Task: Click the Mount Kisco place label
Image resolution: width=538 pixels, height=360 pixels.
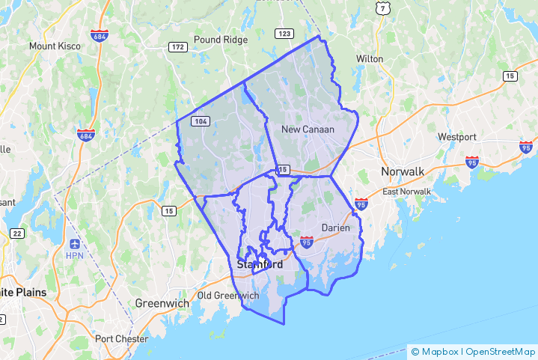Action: pyautogui.click(x=55, y=46)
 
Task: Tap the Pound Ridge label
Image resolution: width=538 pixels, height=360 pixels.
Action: pyautogui.click(x=218, y=40)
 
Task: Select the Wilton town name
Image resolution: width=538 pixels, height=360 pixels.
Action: pyautogui.click(x=370, y=58)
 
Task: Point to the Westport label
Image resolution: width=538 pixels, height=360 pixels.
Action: pyautogui.click(x=457, y=137)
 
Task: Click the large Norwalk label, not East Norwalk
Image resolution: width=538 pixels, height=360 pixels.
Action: pyautogui.click(x=403, y=171)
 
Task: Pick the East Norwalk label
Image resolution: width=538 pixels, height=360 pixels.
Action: pyautogui.click(x=407, y=192)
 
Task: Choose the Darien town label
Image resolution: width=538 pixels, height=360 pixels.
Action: pyautogui.click(x=336, y=227)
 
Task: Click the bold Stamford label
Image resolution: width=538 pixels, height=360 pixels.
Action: pyautogui.click(x=260, y=265)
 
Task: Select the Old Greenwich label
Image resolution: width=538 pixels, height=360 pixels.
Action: pyautogui.click(x=228, y=296)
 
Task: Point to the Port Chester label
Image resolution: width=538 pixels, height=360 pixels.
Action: pyautogui.click(x=120, y=338)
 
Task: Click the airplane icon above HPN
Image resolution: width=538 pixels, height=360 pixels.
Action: pyautogui.click(x=75, y=244)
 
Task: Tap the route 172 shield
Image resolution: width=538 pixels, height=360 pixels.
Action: pyautogui.click(x=177, y=47)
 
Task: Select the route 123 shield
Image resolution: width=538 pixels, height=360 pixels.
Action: pyautogui.click(x=284, y=34)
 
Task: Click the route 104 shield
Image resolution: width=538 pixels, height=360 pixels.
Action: pyautogui.click(x=200, y=120)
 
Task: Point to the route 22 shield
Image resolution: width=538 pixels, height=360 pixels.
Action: pyautogui.click(x=16, y=234)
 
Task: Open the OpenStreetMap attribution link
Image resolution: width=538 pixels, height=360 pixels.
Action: pyautogui.click(x=500, y=350)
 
